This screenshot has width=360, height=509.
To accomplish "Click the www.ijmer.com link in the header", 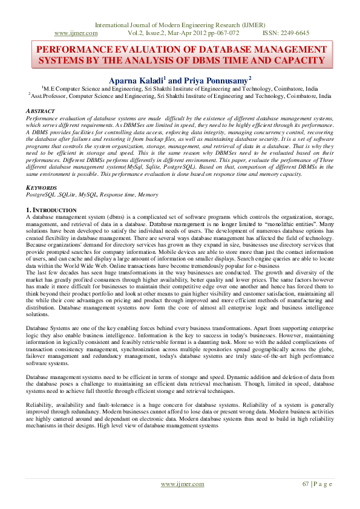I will pyautogui.click(x=76, y=33).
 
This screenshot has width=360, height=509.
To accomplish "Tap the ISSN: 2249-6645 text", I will pyautogui.click(x=286, y=33).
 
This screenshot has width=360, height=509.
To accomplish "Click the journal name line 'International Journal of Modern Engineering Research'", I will pyautogui.click(x=180, y=25).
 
